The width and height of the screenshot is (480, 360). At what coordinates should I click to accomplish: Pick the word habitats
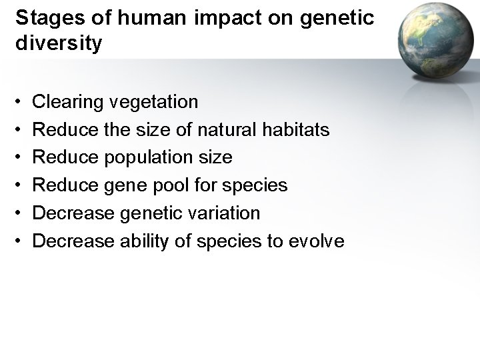click(x=297, y=129)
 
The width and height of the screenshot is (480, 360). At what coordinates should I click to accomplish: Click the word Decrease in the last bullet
click(x=73, y=241)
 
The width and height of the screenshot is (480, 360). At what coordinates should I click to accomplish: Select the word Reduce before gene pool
click(x=69, y=185)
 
